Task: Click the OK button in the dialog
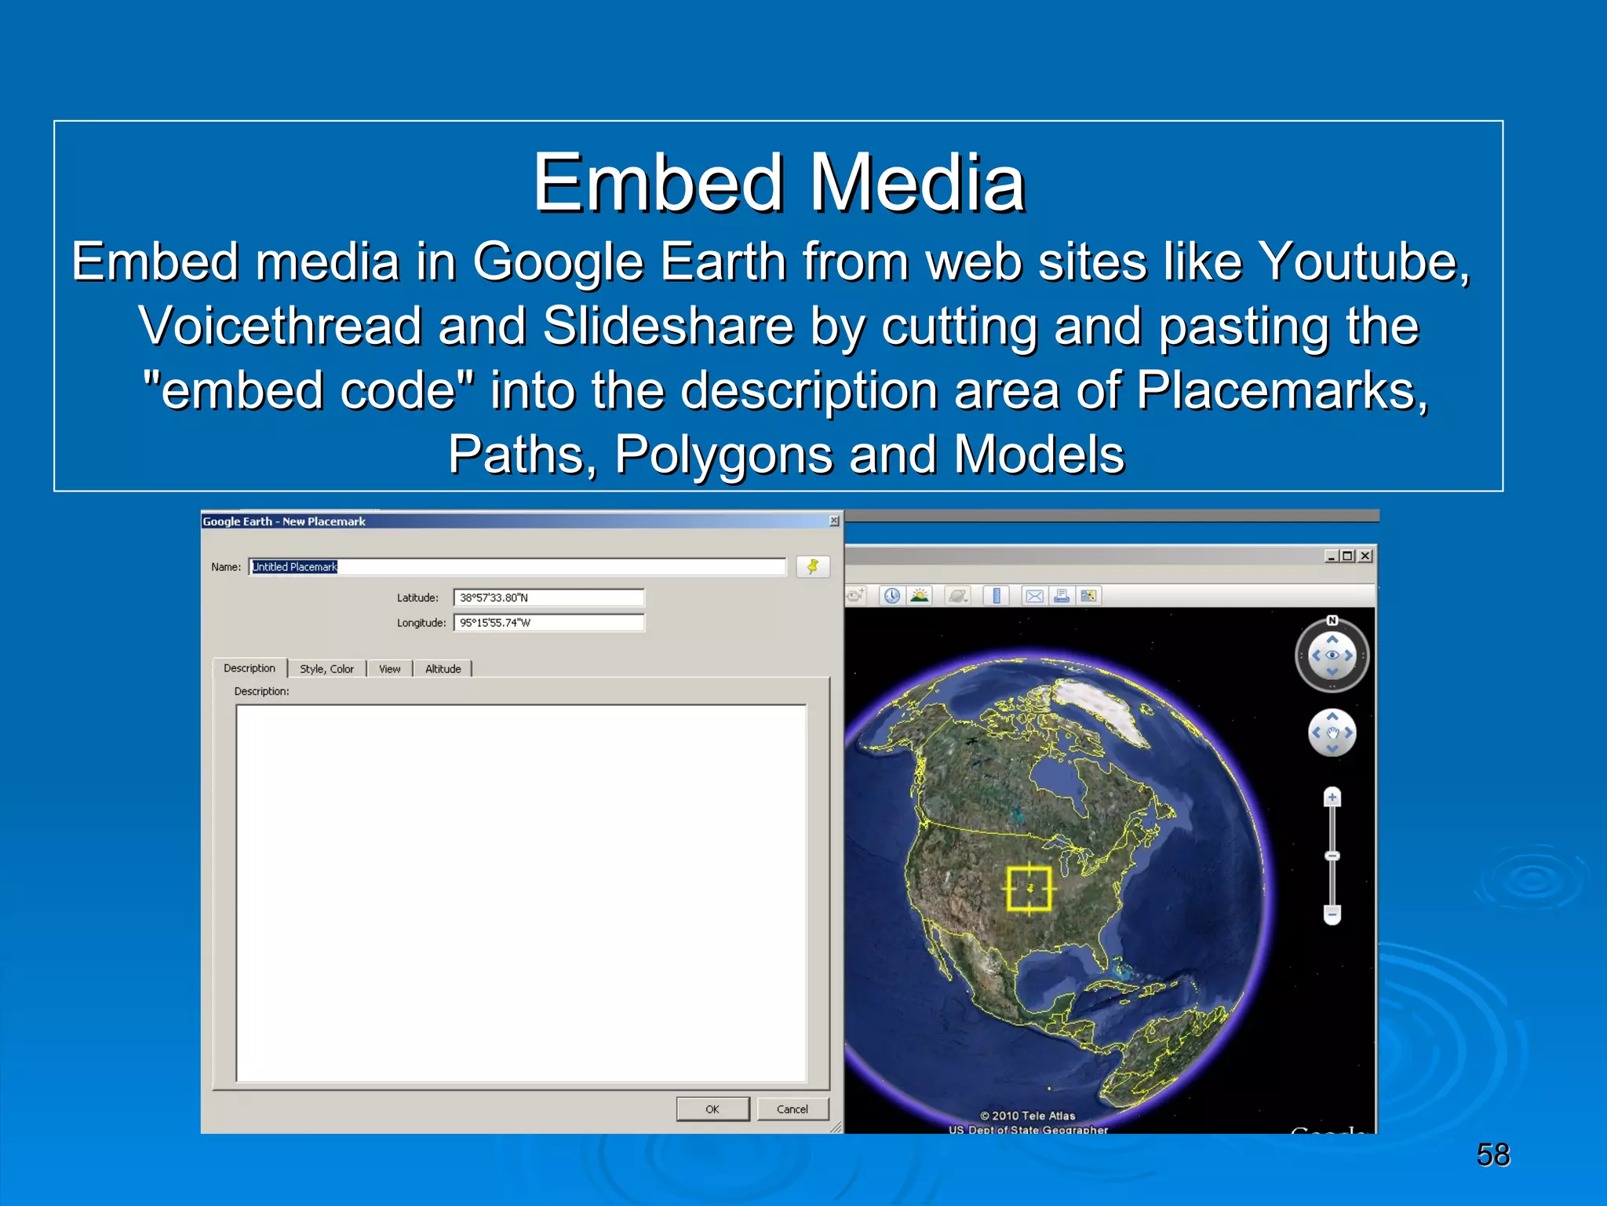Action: coord(712,1109)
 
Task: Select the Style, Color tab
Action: coord(326,669)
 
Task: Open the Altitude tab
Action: coord(443,669)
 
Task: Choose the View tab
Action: coord(389,669)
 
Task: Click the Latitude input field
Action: coord(548,598)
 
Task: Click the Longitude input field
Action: coord(548,623)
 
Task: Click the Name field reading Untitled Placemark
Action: coord(517,567)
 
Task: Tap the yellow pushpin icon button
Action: coord(813,566)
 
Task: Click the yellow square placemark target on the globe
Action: coord(1029,889)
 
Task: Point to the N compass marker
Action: coord(1332,620)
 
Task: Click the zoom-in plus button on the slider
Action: coord(1332,798)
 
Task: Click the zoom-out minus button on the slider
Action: coord(1332,914)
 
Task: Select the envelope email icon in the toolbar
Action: coord(1035,596)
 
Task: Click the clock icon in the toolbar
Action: coord(892,596)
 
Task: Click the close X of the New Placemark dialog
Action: coord(834,521)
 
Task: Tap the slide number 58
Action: coord(1492,1155)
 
